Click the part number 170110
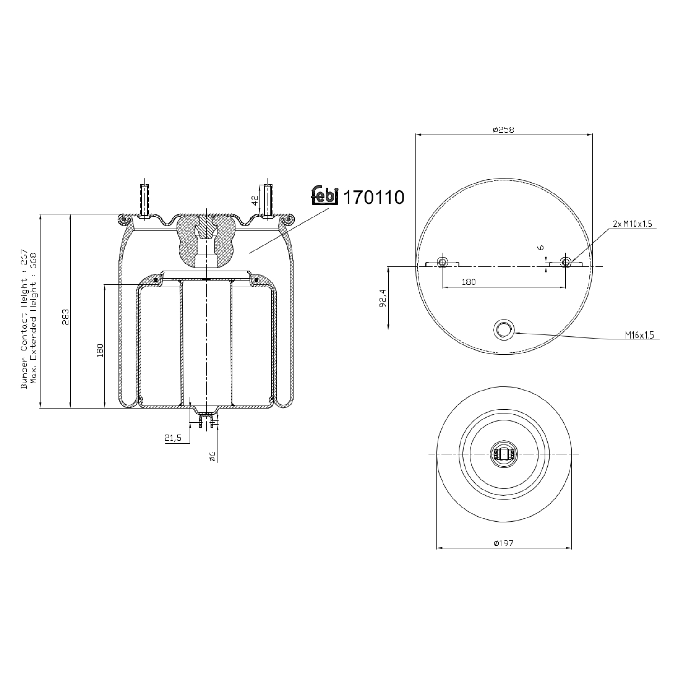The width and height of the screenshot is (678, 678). point(374,198)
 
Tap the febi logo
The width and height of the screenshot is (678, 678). point(325,196)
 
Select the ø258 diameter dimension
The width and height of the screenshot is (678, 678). point(503,130)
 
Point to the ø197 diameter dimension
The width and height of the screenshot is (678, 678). point(503,543)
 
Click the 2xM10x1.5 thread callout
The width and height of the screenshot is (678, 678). point(632,224)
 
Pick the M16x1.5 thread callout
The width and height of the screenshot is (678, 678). point(639,335)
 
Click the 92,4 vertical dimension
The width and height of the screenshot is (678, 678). point(382,298)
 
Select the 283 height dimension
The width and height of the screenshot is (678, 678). point(65,317)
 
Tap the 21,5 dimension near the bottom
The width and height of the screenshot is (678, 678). point(173,438)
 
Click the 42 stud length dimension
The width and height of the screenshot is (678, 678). point(255,199)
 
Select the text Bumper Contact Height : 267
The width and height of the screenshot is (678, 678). point(24,319)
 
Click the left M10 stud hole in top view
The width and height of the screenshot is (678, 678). point(442,262)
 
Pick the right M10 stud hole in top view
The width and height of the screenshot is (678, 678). point(565,262)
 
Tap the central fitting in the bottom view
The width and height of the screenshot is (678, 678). point(504,453)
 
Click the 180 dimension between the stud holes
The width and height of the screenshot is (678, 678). point(469,282)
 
